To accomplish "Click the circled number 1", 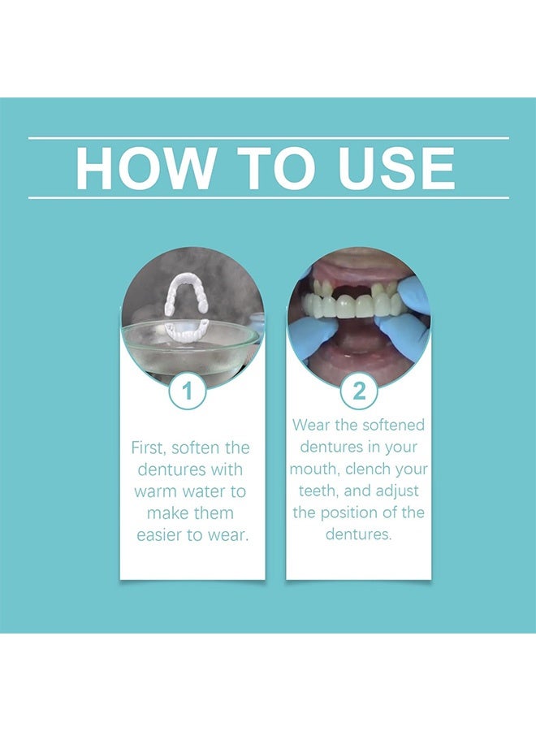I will point(188,392).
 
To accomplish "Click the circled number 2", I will point(358,392).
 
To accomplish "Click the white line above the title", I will point(268,138).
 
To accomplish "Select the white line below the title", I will point(268,197).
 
